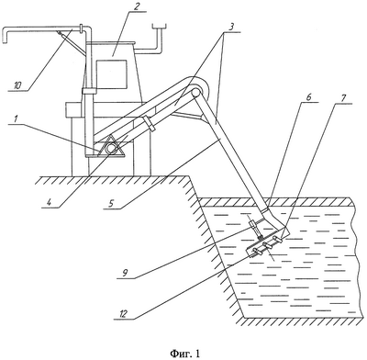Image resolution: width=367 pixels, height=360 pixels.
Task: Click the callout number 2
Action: point(137,6)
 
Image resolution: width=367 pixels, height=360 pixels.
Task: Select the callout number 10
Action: point(17,85)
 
